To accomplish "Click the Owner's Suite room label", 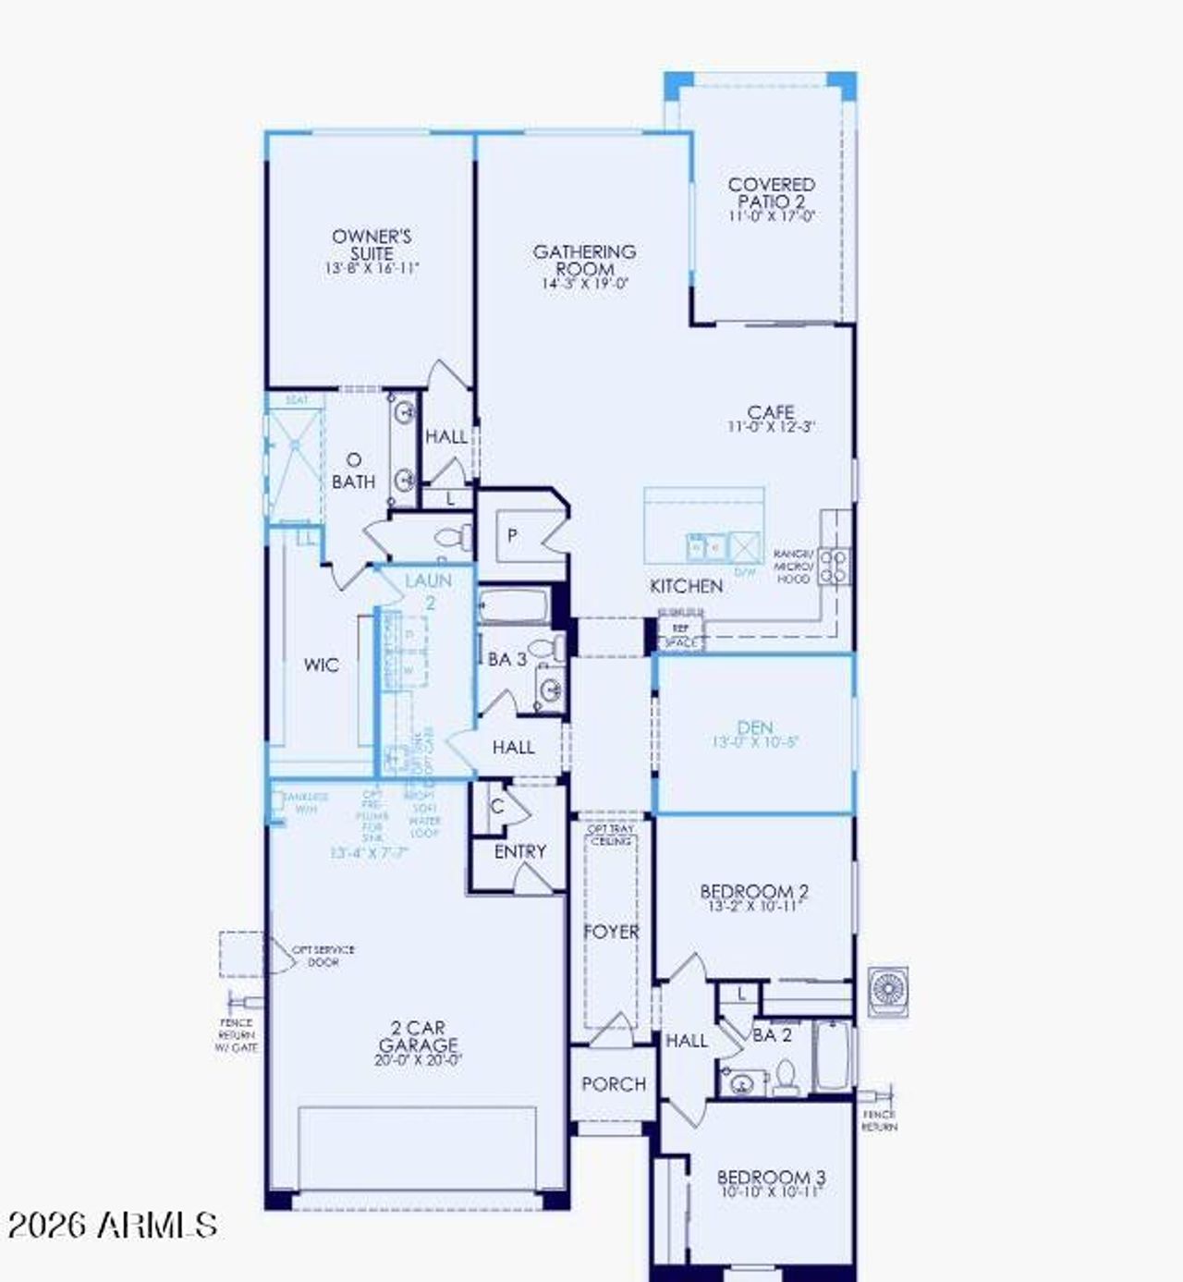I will (372, 245).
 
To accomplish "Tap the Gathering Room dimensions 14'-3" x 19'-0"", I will (585, 284).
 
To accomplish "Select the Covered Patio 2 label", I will (772, 193).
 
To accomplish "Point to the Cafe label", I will (771, 412).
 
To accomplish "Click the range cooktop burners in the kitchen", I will (834, 566).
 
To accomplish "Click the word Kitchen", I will (686, 586).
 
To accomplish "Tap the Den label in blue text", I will (755, 727).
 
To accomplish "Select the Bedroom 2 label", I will (754, 892).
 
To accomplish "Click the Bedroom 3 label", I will (771, 1178).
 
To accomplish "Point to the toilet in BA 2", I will (787, 1076).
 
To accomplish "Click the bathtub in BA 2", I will (832, 1055).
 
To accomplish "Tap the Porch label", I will (614, 1083).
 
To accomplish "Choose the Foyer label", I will (611, 932).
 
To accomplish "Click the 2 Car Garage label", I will (418, 1036).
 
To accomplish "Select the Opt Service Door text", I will (323, 956).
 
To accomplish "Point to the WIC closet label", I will (321, 665).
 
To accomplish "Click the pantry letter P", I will (512, 536).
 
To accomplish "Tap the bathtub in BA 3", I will (514, 606).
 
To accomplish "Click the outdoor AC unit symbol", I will (887, 992).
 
